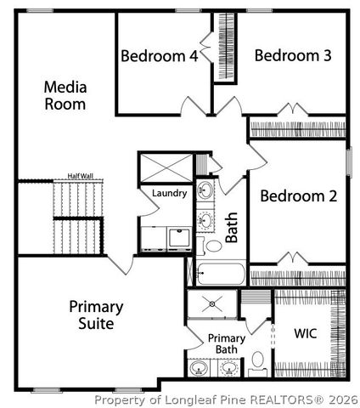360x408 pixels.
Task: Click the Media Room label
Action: (65, 95)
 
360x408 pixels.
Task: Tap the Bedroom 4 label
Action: (160, 57)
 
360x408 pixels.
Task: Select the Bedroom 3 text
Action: (292, 56)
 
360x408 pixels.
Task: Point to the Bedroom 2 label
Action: (298, 196)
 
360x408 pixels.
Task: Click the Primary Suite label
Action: (96, 314)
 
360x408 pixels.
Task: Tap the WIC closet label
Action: (305, 333)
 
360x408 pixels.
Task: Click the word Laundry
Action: (169, 194)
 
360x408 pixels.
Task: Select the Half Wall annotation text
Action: (80, 177)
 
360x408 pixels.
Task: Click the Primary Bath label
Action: (227, 344)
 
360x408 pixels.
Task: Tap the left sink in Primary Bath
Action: (200, 369)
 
